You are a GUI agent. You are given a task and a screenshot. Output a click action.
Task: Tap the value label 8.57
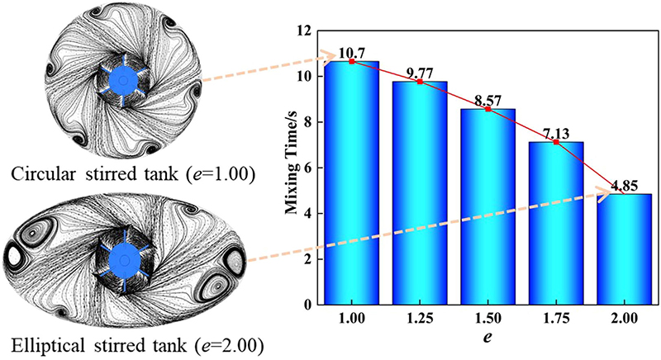click(x=498, y=100)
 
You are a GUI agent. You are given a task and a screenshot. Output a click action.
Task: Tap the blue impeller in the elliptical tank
click(x=125, y=259)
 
